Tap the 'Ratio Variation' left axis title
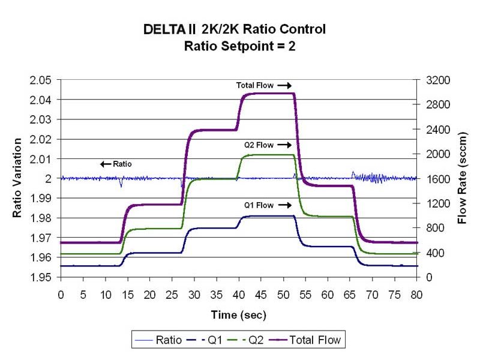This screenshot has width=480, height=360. point(18,178)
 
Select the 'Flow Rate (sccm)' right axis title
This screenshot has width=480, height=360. point(463,178)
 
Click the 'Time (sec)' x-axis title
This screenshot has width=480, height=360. point(238,314)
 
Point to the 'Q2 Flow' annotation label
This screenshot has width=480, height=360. point(259,145)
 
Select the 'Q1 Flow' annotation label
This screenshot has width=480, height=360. point(259,205)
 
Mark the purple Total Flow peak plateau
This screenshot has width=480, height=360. point(268,94)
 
